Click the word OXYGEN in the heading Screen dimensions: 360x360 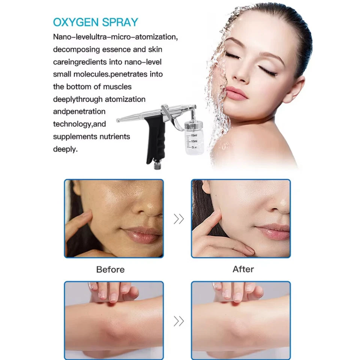click(x=76, y=22)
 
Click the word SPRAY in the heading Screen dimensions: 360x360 click(x=120, y=22)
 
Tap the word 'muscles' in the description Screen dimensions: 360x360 click(x=117, y=87)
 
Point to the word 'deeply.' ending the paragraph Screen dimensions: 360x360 click(x=65, y=149)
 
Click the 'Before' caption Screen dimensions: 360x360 click(x=110, y=270)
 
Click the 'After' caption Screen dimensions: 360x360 click(x=243, y=269)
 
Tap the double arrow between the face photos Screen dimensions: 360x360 click(x=179, y=219)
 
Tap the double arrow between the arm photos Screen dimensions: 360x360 click(x=179, y=321)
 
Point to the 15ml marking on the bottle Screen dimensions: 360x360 click(x=194, y=135)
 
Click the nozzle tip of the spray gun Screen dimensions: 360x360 click(x=118, y=120)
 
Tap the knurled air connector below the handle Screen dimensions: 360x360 click(x=157, y=165)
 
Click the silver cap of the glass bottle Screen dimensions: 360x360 click(x=193, y=125)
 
